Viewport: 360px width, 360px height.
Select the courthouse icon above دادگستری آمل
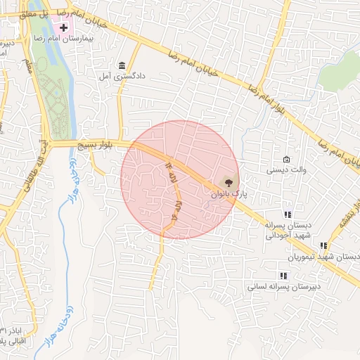click(123, 64)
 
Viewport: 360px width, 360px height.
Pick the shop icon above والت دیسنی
click(286, 160)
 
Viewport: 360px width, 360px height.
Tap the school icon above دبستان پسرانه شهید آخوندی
click(287, 214)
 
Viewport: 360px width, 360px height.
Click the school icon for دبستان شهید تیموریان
click(323, 246)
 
